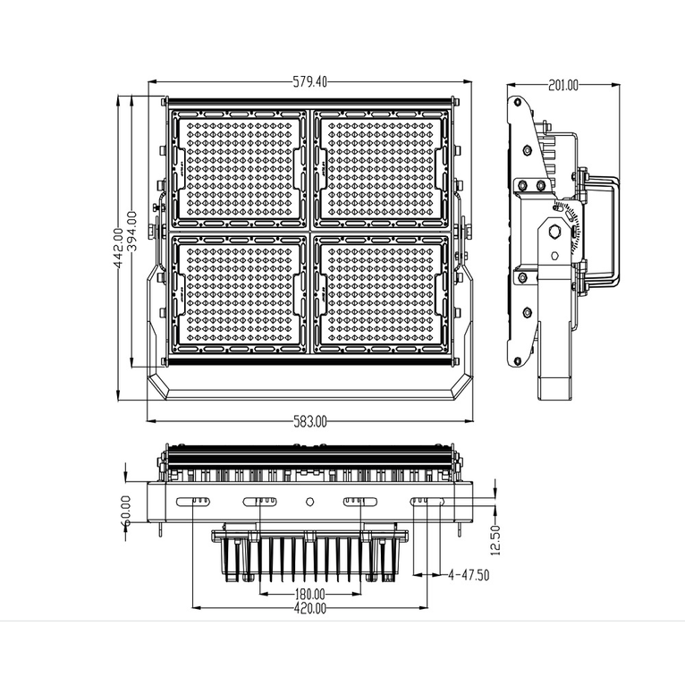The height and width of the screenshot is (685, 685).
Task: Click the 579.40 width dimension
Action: coord(310,81)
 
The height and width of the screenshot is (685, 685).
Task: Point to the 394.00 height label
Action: coord(132,232)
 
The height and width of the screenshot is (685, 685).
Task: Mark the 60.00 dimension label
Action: coord(125,511)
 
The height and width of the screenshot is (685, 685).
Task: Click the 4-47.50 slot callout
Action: coord(468,575)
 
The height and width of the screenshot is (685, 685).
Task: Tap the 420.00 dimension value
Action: coord(309,608)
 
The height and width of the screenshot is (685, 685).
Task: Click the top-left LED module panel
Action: coord(239,167)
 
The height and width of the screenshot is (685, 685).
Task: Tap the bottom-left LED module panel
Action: coord(239,293)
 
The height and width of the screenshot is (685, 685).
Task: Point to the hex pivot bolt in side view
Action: coord(554,232)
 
